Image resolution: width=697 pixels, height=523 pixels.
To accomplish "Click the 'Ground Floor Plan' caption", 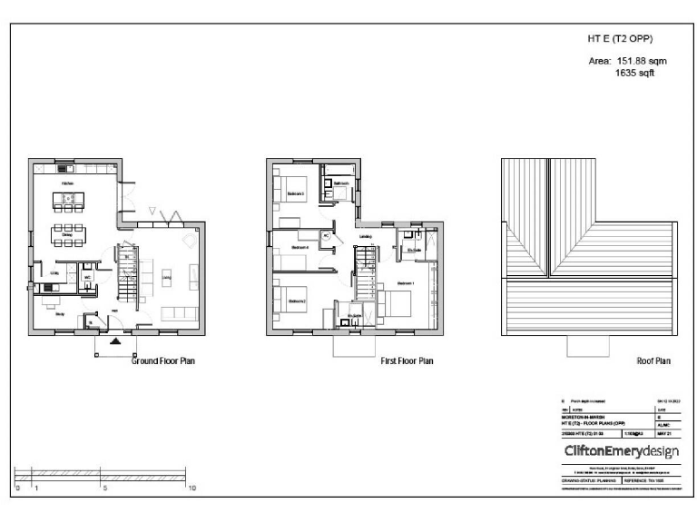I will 164,361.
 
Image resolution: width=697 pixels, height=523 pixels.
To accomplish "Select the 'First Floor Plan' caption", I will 407,361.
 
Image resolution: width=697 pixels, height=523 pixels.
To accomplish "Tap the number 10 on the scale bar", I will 191,488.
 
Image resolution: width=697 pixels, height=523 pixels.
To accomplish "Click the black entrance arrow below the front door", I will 114,342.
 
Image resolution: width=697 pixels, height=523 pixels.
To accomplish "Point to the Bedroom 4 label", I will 299,248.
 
